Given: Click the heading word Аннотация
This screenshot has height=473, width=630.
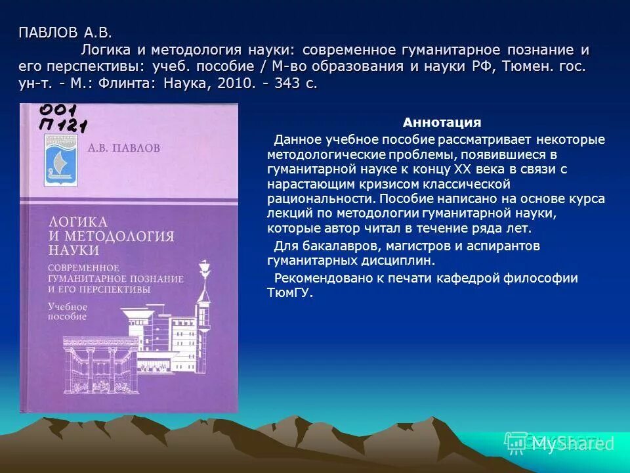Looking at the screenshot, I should point(442,122).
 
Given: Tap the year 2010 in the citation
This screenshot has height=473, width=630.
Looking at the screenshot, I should point(230,85).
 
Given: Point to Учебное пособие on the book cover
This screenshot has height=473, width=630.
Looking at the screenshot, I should point(68,311).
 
